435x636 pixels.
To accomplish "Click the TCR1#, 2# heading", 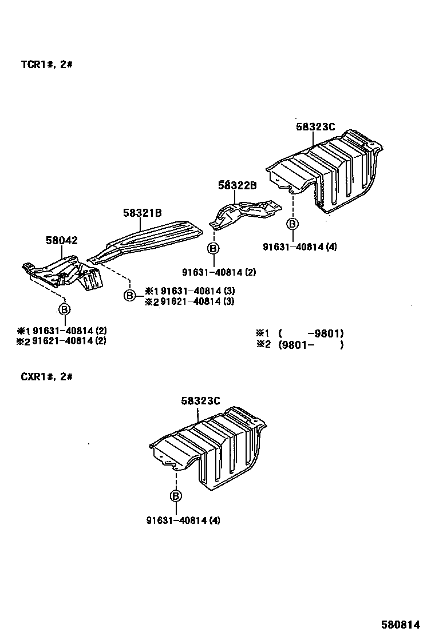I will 46,65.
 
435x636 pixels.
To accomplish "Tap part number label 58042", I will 62,241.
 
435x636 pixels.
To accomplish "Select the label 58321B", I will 142,213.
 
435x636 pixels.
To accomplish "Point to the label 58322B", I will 237,185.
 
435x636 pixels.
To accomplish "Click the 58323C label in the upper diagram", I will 315,127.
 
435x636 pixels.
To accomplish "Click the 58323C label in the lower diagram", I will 200,402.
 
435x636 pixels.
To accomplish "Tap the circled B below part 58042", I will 65,309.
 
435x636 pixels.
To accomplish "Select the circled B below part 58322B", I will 213,248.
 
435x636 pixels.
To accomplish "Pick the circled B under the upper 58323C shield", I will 292,224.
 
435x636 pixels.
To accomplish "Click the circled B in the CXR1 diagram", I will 176,496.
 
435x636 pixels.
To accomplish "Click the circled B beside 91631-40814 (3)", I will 130,295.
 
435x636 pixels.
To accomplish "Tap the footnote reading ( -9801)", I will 311,333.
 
